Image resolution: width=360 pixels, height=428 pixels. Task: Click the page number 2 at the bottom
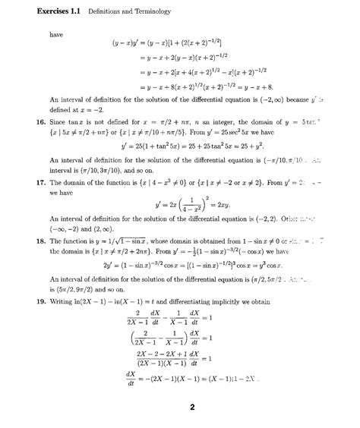coord(193,408)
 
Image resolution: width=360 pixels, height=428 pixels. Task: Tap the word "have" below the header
coord(56,35)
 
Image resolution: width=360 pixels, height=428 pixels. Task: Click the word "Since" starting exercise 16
coord(59,122)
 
